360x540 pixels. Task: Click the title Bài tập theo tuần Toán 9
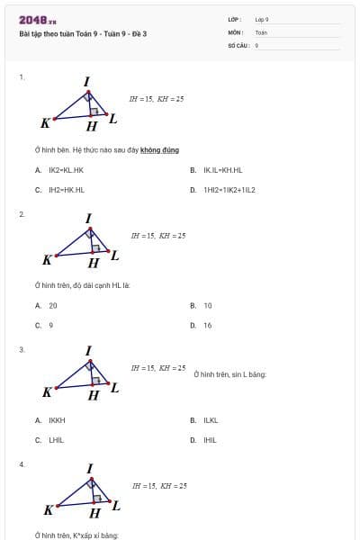[82, 33]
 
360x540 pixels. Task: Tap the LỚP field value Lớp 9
[262, 19]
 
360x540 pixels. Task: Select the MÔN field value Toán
[261, 31]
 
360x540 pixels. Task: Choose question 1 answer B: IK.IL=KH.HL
[222, 170]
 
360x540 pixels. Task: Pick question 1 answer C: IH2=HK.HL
[66, 190]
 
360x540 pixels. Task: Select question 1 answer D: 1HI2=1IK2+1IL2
[229, 190]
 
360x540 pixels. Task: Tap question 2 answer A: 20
[53, 306]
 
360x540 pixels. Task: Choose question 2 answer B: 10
[208, 306]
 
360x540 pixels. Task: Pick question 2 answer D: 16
[208, 325]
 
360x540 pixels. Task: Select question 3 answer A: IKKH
[57, 420]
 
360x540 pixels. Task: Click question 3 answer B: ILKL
[211, 420]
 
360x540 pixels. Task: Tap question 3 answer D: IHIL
[210, 440]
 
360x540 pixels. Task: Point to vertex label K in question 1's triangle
[45, 122]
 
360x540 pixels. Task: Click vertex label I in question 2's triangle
[88, 219]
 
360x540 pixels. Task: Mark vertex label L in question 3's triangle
[114, 388]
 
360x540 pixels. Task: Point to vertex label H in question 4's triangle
[94, 513]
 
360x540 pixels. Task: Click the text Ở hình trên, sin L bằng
[229, 374]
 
